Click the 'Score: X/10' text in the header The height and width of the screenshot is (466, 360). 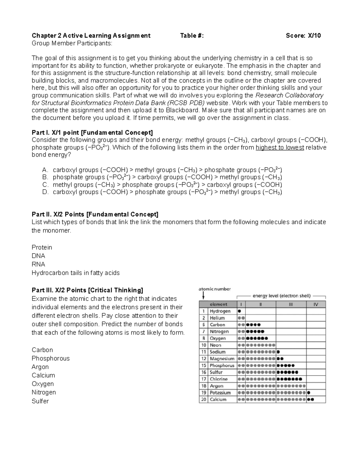point(303,36)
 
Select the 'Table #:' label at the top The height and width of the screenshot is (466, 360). point(192,36)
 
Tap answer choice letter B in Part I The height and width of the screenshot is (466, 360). point(45,177)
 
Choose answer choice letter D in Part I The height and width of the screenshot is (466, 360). point(45,192)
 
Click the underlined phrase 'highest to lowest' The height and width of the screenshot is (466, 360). point(280,148)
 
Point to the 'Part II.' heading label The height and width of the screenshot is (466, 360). point(41,215)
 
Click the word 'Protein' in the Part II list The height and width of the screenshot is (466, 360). point(42,248)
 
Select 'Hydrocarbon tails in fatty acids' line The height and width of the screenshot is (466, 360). point(76,273)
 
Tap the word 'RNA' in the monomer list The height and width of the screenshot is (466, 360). point(38,264)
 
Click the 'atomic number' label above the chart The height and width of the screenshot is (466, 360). point(214,289)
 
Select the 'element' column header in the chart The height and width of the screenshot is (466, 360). point(218,304)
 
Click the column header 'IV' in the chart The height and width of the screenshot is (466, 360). point(316,304)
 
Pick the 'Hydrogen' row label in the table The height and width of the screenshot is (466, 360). point(220,311)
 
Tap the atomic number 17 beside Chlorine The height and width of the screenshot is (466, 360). point(204,379)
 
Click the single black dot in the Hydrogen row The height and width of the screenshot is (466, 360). point(239,311)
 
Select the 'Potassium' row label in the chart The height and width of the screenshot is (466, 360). point(220,393)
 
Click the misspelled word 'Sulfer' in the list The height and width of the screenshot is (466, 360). point(40,401)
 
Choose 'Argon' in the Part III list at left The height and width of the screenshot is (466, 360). point(40,367)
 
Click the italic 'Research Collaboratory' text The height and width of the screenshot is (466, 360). point(289,95)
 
